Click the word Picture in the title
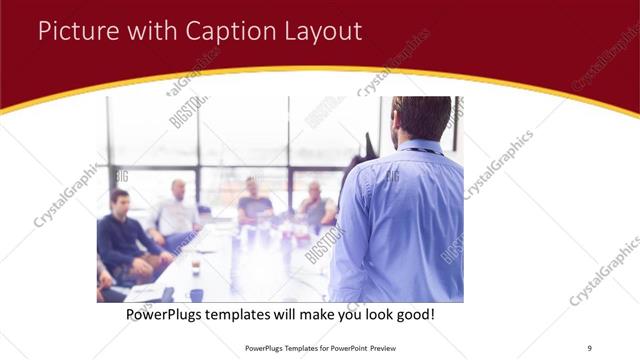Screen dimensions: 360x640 point(77,31)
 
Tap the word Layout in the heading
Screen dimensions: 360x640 point(320,31)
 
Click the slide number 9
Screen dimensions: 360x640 point(589,346)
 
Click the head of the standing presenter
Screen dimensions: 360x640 point(420,117)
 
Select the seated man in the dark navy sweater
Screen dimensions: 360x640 point(123,240)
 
